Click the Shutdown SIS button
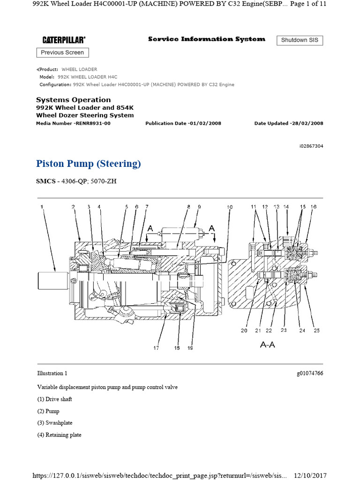click(300, 40)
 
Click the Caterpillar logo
click(64, 40)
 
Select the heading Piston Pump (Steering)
click(88, 164)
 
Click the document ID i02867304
click(311, 146)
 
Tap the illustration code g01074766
click(309, 374)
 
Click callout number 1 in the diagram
click(41, 207)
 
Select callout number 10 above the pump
click(230, 207)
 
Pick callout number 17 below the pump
click(156, 347)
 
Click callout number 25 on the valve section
click(316, 330)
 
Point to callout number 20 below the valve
click(244, 330)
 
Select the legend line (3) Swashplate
click(55, 423)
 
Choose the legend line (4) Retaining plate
click(59, 435)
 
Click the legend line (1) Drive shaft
click(54, 399)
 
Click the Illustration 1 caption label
click(52, 374)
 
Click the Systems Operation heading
click(74, 100)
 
